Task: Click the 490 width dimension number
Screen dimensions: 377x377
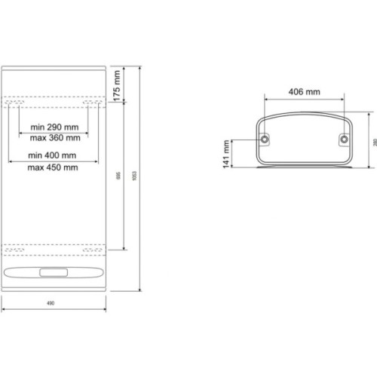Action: tap(51, 303)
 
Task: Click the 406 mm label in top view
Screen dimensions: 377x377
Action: tap(305, 91)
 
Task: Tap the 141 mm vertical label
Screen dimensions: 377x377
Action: tap(226, 158)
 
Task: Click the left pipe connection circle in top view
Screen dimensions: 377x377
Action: tap(265, 139)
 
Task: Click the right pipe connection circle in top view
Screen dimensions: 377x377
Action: tap(343, 139)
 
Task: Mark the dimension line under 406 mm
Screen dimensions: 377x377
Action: tap(305, 100)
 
